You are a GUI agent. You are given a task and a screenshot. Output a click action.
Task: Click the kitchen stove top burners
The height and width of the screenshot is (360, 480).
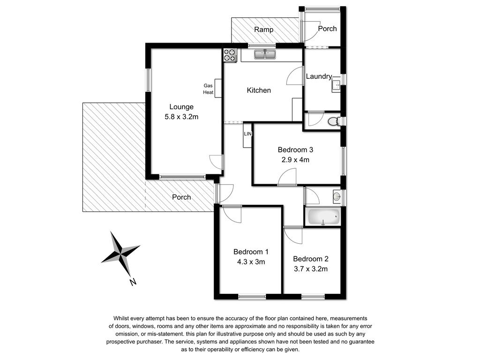tap(230, 55)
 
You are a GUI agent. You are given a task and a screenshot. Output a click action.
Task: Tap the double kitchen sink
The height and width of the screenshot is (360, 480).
tap(265, 54)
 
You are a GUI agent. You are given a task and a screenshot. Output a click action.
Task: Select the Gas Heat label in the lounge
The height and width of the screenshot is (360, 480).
tap(208, 89)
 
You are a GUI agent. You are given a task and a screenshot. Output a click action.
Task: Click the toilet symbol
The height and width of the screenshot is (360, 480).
tap(333, 121)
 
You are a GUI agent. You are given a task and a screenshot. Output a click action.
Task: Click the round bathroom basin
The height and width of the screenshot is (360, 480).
tap(337, 196)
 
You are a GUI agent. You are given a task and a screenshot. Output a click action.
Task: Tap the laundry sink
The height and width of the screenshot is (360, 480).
tap(336, 84)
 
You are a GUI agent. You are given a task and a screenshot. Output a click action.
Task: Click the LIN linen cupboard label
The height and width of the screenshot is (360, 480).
tap(247, 134)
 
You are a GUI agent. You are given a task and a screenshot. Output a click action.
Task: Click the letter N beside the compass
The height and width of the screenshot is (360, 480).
tap(133, 282)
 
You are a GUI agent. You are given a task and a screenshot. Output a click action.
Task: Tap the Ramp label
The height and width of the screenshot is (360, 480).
tap(263, 30)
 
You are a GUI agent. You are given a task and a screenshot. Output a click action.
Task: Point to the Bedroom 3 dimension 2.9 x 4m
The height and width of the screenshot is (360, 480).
tap(295, 159)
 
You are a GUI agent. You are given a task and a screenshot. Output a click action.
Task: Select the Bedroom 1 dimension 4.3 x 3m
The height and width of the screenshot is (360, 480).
tap(251, 262)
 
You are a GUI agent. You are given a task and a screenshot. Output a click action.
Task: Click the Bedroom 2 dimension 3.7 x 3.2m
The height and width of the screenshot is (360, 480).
tap(311, 269)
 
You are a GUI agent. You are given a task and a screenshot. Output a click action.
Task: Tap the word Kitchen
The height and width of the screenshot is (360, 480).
tap(259, 90)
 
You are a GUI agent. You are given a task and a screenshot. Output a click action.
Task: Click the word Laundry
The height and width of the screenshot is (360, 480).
tap(319, 76)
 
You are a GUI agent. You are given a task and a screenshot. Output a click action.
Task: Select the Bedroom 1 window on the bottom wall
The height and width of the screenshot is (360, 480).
tap(252, 296)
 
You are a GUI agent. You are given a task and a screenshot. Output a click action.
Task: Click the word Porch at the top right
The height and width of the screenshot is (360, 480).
tap(327, 29)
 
